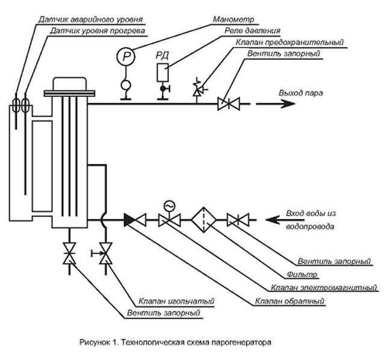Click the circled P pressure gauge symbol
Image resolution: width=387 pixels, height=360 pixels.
coord(126,56)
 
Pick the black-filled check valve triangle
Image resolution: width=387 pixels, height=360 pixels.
coord(129,220)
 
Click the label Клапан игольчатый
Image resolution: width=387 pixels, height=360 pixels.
coord(168,300)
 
